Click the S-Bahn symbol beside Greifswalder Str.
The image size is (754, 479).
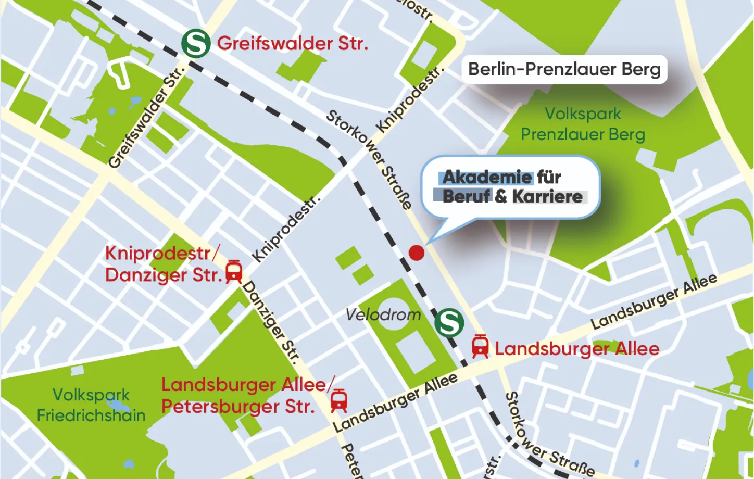pyautogui.click(x=196, y=43)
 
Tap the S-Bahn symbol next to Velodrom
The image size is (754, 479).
pyautogui.click(x=449, y=323)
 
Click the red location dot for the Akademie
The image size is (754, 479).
pyautogui.click(x=417, y=253)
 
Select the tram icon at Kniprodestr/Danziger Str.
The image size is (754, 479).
pyautogui.click(x=234, y=272)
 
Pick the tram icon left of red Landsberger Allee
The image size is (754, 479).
pyautogui.click(x=480, y=347)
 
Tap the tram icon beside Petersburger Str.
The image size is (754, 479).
pyautogui.click(x=339, y=401)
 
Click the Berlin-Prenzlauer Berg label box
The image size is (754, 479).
pyautogui.click(x=564, y=69)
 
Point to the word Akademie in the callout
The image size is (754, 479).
pyautogui.click(x=487, y=177)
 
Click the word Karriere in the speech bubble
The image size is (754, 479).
pyautogui.click(x=547, y=197)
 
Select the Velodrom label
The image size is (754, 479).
pyautogui.click(x=383, y=314)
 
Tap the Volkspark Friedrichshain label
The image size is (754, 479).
pyautogui.click(x=91, y=405)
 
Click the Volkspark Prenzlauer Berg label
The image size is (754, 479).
pyautogui.click(x=583, y=124)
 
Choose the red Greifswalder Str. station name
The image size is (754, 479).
pyautogui.click(x=292, y=43)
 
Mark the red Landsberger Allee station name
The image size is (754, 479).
pyautogui.click(x=577, y=348)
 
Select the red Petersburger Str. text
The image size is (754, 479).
pyautogui.click(x=238, y=407)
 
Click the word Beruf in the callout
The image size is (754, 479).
pyautogui.click(x=467, y=197)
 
